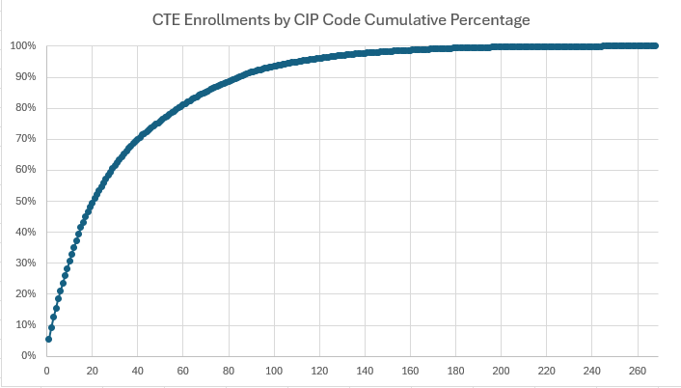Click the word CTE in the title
tap(167, 19)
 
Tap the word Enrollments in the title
tap(227, 19)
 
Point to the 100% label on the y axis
tap(23, 46)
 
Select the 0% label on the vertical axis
tap(29, 356)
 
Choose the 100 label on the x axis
tap(274, 370)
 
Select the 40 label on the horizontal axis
tap(137, 370)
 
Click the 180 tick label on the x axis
tap(455, 370)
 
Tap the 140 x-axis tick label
tap(365, 370)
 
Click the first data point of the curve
tap(49, 339)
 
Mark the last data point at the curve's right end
tap(655, 45)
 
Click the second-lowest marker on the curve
tap(51, 327)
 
